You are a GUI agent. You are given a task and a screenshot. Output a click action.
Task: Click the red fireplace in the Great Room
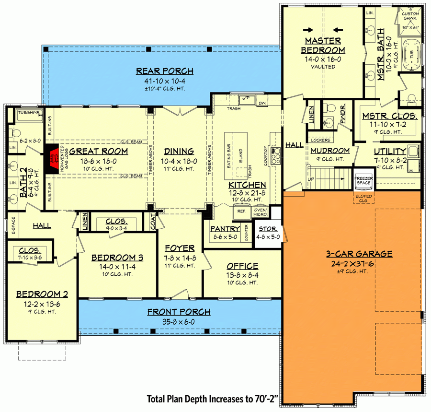click(x=52, y=158)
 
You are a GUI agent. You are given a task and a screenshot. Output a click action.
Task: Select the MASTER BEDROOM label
click(x=323, y=45)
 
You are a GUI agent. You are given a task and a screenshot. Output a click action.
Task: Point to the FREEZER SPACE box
click(x=363, y=180)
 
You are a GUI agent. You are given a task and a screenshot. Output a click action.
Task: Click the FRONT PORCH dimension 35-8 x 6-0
click(x=179, y=322)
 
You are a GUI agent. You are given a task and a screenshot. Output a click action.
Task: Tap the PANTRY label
click(x=225, y=228)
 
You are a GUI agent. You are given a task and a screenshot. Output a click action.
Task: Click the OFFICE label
click(x=242, y=266)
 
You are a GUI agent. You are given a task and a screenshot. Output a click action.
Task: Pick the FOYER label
click(x=179, y=248)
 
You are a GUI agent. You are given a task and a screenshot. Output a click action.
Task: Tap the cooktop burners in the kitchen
click(x=276, y=156)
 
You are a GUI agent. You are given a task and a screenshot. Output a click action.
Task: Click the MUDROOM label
click(x=330, y=151)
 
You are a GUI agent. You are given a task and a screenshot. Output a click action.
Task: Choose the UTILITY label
click(x=390, y=152)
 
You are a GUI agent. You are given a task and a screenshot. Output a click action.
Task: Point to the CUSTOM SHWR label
click(x=410, y=16)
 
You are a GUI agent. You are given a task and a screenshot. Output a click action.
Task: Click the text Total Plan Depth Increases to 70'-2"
click(x=213, y=399)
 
